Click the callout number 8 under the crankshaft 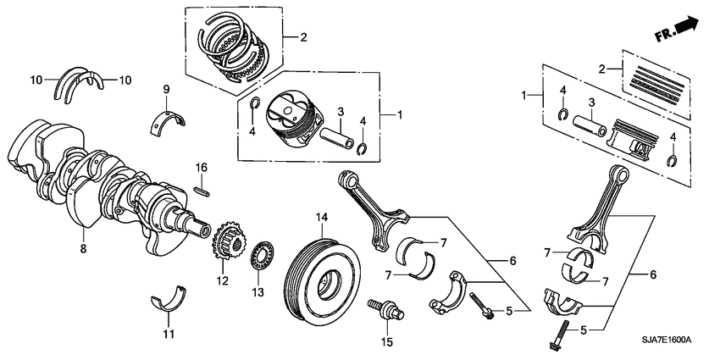(x=82, y=250)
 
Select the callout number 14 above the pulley (x=322, y=219)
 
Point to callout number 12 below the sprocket (x=223, y=281)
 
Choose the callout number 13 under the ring (x=258, y=292)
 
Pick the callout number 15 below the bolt (x=389, y=342)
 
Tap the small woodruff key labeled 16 (x=201, y=190)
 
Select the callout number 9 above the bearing (x=167, y=89)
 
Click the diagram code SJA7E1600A (x=661, y=339)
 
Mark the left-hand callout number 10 (x=36, y=80)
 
